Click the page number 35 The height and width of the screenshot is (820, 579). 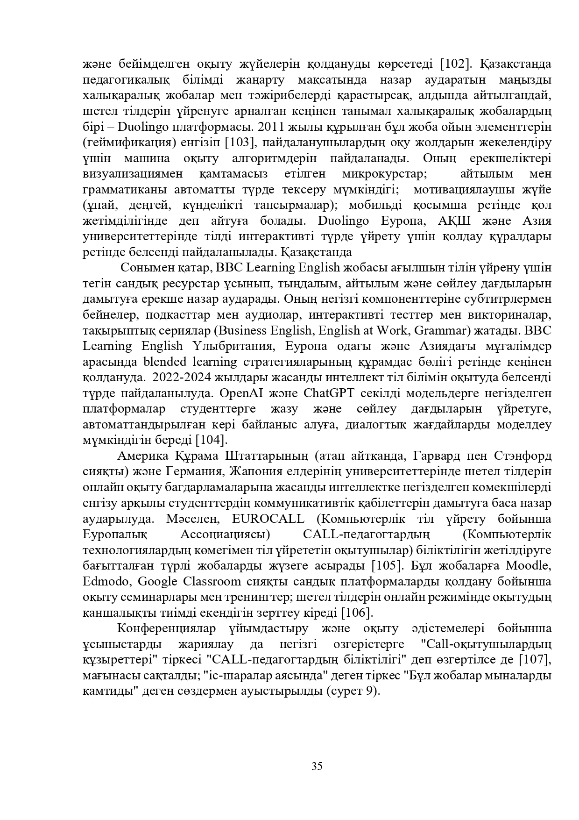317,766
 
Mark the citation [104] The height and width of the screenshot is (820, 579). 211,440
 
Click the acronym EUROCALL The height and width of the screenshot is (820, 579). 268,519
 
